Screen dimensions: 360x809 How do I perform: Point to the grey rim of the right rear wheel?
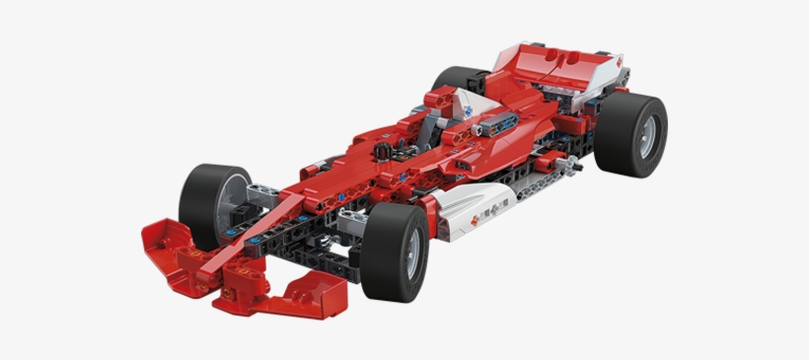pos(645,136)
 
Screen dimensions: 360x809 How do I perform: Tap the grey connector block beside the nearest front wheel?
pos(350,222)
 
